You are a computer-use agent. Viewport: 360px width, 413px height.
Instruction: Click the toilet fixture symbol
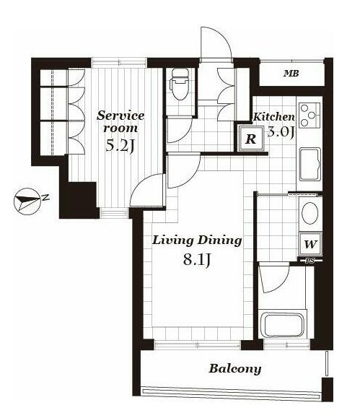pos(180,84)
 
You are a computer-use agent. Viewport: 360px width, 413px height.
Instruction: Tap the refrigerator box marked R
pos(250,139)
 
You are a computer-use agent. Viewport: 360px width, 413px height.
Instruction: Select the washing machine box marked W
pos(310,244)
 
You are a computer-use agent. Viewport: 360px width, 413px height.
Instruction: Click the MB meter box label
pos(291,74)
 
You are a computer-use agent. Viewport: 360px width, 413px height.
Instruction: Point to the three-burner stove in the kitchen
pos(309,116)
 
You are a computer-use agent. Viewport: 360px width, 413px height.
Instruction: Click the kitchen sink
pos(310,164)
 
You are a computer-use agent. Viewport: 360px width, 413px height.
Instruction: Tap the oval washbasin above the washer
pos(310,213)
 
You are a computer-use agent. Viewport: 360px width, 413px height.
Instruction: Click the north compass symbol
pos(27,201)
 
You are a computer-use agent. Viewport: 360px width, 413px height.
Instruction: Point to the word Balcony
pos(234,369)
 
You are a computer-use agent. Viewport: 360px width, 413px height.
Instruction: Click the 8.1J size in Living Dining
pos(197,260)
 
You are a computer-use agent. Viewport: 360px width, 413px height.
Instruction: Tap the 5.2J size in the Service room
pos(120,146)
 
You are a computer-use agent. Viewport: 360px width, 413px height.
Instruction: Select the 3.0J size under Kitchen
pos(281,131)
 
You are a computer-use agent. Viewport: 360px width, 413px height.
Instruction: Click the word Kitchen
pos(273,117)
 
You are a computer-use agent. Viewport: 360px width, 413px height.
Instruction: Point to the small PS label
pos(310,261)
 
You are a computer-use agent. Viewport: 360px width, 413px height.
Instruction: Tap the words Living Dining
pos(197,240)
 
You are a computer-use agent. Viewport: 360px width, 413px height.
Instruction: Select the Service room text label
pos(120,122)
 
